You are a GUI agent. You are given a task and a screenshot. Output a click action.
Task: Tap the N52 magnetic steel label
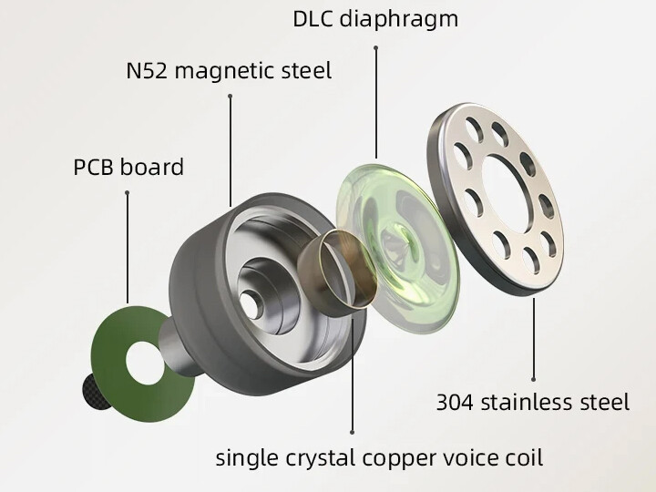click(228, 70)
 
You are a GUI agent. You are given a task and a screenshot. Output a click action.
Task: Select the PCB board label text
click(128, 168)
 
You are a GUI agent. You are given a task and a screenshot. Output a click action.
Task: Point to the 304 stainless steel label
click(533, 401)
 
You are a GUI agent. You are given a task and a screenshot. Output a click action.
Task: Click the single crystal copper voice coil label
click(379, 456)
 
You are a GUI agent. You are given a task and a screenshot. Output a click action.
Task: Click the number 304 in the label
click(456, 401)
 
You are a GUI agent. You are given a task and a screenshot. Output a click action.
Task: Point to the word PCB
click(95, 168)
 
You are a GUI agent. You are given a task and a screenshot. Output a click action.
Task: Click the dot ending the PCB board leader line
click(127, 192)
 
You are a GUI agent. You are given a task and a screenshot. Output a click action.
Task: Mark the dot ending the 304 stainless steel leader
click(534, 377)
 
